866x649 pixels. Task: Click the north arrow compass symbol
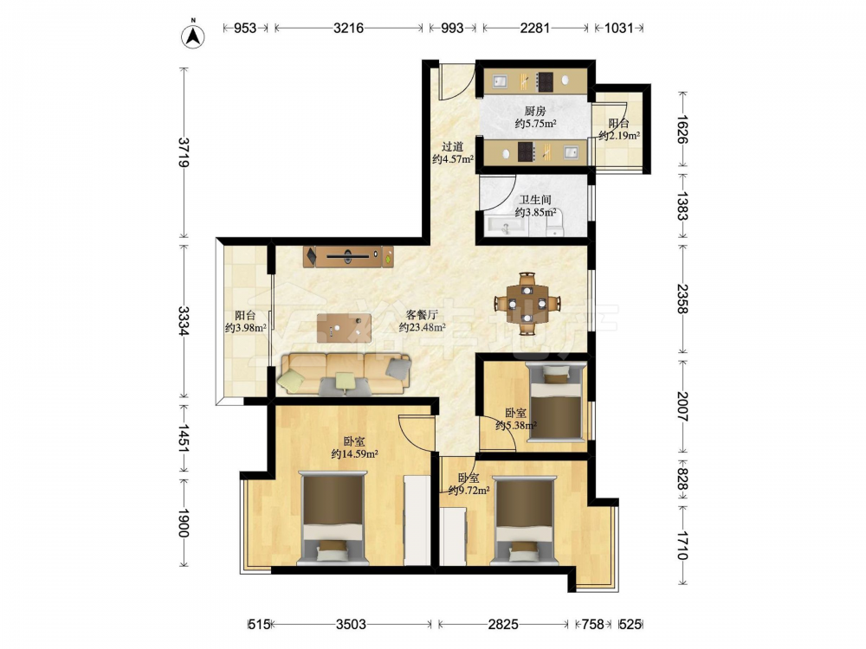click(x=193, y=35)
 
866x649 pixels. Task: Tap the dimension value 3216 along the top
click(x=348, y=28)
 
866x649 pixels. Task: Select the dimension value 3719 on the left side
click(x=184, y=152)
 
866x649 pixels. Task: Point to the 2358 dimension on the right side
click(x=682, y=299)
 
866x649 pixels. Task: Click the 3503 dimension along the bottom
click(x=352, y=624)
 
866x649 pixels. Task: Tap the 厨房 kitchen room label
click(x=535, y=111)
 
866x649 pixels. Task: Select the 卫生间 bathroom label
click(x=535, y=199)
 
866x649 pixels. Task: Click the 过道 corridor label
click(x=452, y=147)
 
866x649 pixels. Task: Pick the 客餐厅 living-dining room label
click(x=422, y=315)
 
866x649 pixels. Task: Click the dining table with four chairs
click(x=527, y=303)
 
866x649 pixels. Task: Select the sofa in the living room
click(x=346, y=375)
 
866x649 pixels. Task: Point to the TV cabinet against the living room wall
click(x=348, y=257)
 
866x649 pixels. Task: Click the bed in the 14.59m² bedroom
click(x=333, y=517)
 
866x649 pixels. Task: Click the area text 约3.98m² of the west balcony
click(x=246, y=328)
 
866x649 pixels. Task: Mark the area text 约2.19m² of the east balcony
click(x=619, y=135)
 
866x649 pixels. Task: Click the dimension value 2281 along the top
click(x=534, y=28)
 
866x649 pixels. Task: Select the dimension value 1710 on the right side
click(x=682, y=544)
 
